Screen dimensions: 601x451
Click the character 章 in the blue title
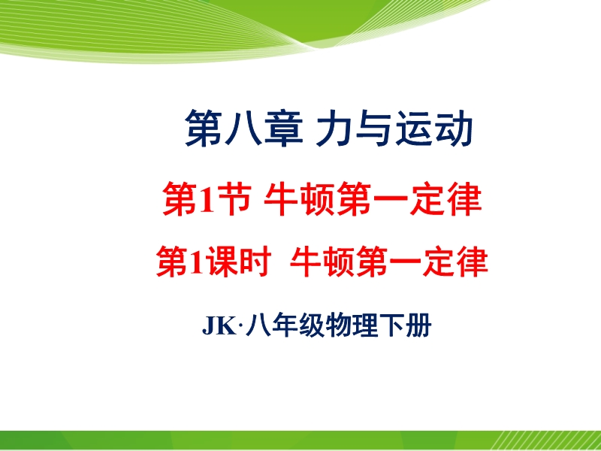tap(284, 128)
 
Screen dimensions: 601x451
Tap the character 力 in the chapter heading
tap(334, 128)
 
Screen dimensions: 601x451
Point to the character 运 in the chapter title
tap(414, 128)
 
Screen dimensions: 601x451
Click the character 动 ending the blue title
tap(454, 128)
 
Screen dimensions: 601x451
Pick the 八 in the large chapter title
tap(243, 129)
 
